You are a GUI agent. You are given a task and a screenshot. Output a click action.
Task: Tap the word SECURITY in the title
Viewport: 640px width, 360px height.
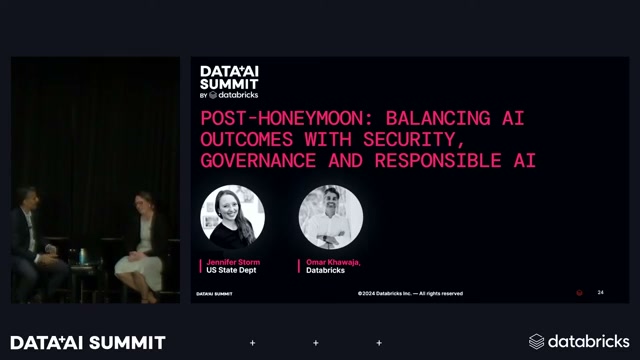click(x=409, y=140)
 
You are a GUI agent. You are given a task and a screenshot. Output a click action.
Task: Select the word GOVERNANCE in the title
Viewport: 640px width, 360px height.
click(x=258, y=160)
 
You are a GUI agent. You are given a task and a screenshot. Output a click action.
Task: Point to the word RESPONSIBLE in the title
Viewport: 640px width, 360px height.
click(x=438, y=160)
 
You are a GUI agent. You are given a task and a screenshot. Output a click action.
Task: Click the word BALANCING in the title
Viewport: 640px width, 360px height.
click(x=438, y=119)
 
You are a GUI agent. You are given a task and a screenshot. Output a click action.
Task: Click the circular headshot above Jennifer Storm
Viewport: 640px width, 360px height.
click(x=232, y=217)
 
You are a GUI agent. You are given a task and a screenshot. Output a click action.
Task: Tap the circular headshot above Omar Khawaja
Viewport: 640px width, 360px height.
click(x=331, y=217)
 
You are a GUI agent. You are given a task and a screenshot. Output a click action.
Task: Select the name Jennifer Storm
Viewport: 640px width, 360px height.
click(x=233, y=262)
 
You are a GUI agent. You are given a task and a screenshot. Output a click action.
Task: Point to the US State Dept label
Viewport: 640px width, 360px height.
click(x=231, y=270)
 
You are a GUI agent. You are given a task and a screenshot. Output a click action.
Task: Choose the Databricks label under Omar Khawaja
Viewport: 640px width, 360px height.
click(x=325, y=270)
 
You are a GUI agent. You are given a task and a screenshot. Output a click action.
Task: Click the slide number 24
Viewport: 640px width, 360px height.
click(x=600, y=292)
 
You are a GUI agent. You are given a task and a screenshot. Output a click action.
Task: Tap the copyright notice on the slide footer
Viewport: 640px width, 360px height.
click(x=410, y=293)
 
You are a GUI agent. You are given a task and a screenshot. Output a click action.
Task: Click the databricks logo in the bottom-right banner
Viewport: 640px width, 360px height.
click(x=579, y=342)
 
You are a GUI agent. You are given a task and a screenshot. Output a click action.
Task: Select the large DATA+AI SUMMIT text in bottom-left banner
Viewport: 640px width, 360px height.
click(x=88, y=343)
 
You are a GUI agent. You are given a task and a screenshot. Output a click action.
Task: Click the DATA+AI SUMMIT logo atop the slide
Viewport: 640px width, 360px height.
click(x=229, y=82)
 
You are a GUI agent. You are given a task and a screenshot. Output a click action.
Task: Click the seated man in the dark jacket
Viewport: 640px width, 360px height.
click(x=34, y=245)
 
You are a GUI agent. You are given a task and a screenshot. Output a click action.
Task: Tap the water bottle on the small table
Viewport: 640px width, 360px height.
click(x=82, y=257)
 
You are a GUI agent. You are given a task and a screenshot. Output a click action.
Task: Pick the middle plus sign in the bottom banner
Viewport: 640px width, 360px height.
click(x=316, y=343)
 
